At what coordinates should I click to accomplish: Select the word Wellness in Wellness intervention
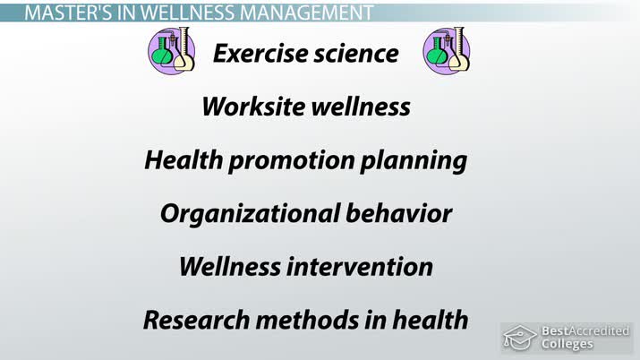(226, 267)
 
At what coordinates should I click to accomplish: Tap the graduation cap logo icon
(519, 338)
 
